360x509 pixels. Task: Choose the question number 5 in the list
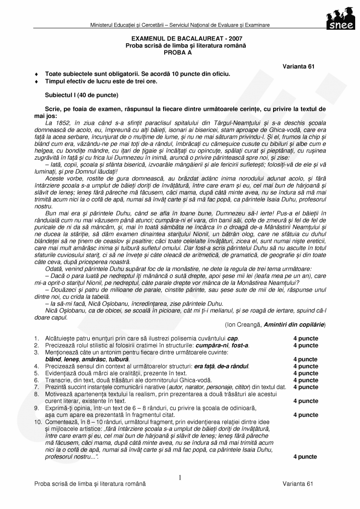tap(36, 373)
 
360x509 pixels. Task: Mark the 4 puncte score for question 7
tap(305, 387)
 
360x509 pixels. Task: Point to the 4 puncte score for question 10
tap(305, 457)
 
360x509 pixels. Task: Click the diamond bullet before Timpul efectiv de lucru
tap(36, 82)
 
